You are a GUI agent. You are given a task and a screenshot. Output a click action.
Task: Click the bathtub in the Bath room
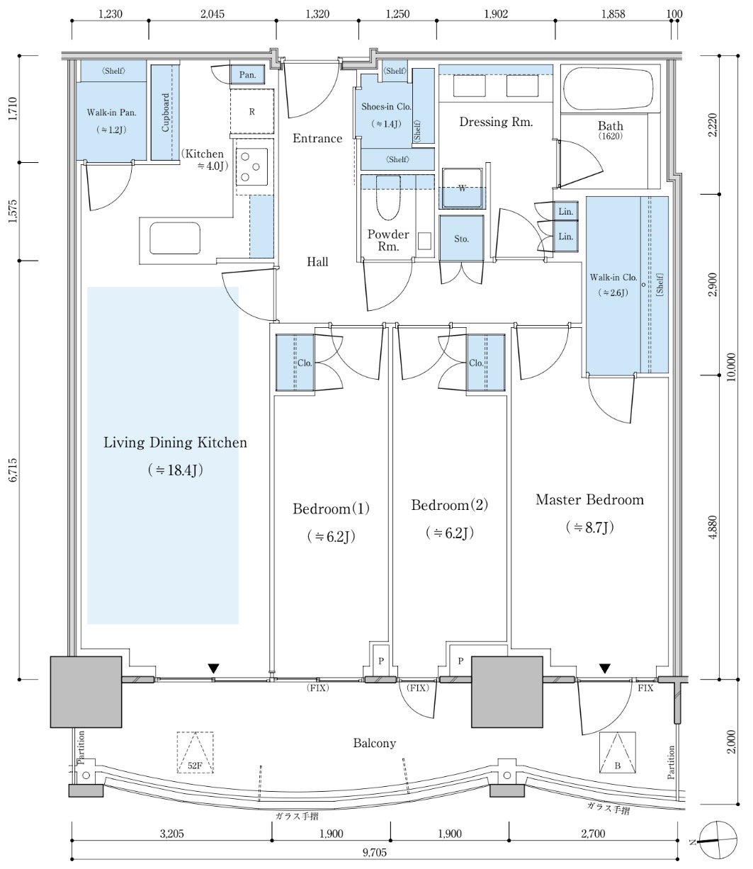coord(608,89)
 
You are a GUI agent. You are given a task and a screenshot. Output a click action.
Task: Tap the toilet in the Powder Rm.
coord(387,198)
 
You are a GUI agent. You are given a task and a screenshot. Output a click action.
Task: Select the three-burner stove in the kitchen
coord(251,166)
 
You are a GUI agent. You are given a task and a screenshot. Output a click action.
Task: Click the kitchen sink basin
coord(174,238)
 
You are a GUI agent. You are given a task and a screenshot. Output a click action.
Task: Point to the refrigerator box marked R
coord(252,111)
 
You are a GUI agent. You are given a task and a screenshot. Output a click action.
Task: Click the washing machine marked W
coord(462,188)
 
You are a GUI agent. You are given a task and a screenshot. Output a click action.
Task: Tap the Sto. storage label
coord(461,239)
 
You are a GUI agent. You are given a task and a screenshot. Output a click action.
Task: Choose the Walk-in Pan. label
coord(111,113)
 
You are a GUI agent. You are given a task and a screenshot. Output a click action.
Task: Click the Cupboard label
coord(165,112)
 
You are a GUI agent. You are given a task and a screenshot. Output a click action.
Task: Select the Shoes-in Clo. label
coord(386,107)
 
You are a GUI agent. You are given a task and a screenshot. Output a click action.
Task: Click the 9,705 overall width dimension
coord(374,852)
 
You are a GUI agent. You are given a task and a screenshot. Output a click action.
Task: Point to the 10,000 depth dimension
coord(731,367)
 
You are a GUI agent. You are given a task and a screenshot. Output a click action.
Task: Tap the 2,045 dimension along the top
coord(213,14)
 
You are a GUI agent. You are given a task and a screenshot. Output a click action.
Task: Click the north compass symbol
coord(718,841)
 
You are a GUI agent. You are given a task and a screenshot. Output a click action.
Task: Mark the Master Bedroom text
coord(589,499)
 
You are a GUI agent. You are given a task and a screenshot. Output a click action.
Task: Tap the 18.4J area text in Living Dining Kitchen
coord(175,470)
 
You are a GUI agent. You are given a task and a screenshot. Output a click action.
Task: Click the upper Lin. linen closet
coord(565,212)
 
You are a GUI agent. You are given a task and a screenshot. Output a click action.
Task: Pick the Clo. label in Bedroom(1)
coord(305,363)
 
